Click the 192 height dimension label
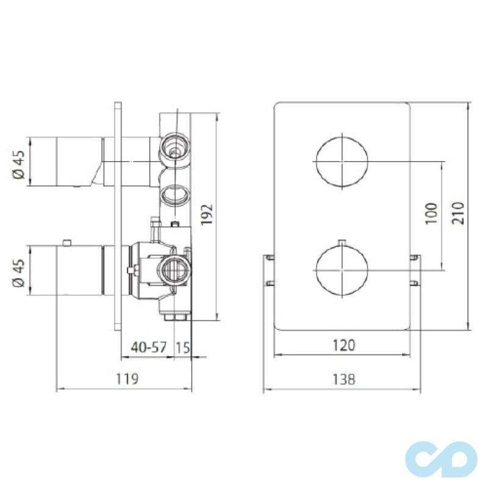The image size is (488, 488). pyautogui.click(x=207, y=214)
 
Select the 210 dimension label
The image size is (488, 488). pyautogui.click(x=458, y=213)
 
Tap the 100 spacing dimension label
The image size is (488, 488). pyautogui.click(x=431, y=213)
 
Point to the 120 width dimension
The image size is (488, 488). pyautogui.click(x=343, y=345)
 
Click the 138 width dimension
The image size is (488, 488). pyautogui.click(x=343, y=379)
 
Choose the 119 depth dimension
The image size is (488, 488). pyautogui.click(x=127, y=379)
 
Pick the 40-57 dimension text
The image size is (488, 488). pyautogui.click(x=149, y=347)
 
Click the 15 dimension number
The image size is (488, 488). pyautogui.click(x=182, y=347)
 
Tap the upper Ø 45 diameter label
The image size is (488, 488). pyautogui.click(x=19, y=165)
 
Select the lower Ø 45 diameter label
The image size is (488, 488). pyautogui.click(x=19, y=273)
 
